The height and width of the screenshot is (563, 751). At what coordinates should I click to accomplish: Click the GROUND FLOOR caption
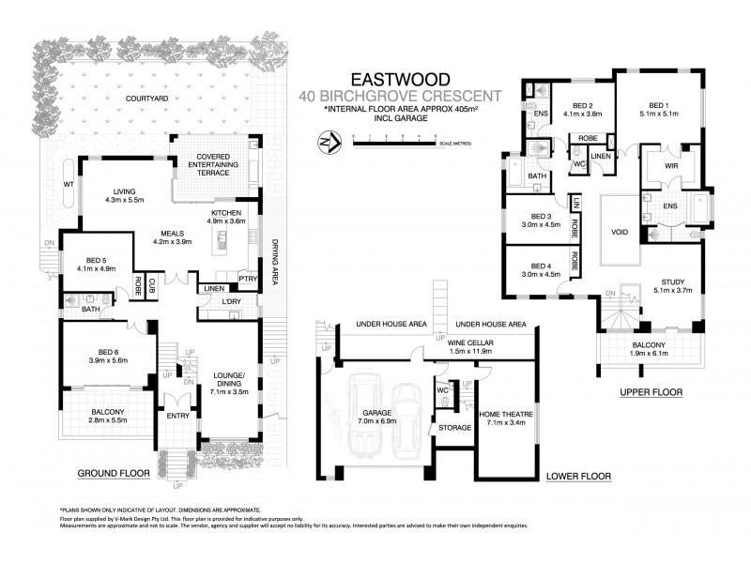[x=114, y=473]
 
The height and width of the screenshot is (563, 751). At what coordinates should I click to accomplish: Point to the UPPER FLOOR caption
[x=650, y=390]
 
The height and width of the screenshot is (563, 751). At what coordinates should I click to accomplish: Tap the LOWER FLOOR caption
[x=578, y=477]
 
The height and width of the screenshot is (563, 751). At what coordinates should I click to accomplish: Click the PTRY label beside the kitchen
[x=248, y=278]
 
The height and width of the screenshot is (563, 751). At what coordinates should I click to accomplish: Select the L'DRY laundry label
[x=232, y=299]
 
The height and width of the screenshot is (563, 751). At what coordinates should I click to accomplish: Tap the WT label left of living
[x=69, y=184]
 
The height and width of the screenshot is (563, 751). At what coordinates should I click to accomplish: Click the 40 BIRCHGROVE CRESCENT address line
[x=398, y=96]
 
